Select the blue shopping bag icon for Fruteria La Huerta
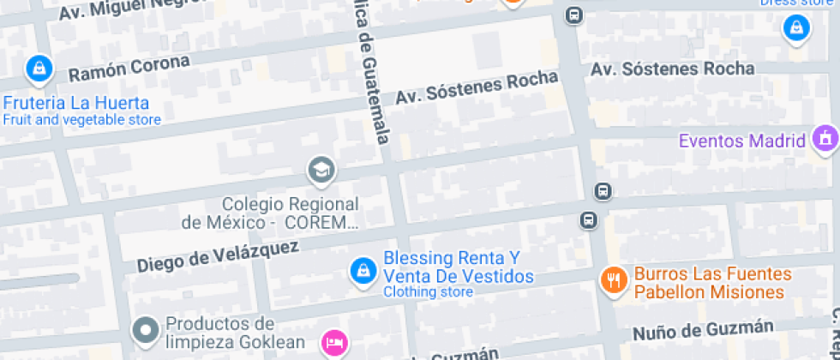[38, 69]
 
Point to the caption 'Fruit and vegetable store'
[81, 120]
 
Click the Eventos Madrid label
[742, 141]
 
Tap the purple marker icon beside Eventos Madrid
[825, 137]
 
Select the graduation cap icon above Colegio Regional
[321, 170]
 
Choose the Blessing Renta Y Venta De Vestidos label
[458, 267]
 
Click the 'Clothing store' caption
[428, 292]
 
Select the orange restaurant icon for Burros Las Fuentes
[612, 279]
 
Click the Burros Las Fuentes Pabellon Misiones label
[709, 284]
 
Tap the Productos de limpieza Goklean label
[220, 333]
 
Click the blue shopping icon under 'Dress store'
[797, 28]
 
